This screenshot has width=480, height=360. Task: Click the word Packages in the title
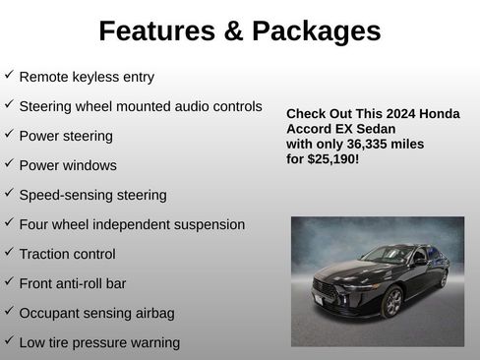pos(316,31)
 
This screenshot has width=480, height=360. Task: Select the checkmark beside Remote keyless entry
pos(9,75)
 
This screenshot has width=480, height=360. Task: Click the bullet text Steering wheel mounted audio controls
pos(141,106)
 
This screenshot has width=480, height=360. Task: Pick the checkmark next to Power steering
pos(9,134)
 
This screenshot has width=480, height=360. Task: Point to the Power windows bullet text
pos(68,165)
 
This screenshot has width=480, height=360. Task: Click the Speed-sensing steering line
pos(92,195)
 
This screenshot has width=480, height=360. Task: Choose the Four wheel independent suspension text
pos(132,224)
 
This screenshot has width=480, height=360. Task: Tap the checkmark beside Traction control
pos(9,252)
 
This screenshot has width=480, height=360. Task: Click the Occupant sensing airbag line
pos(96,313)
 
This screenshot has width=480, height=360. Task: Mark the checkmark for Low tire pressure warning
pos(9,340)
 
